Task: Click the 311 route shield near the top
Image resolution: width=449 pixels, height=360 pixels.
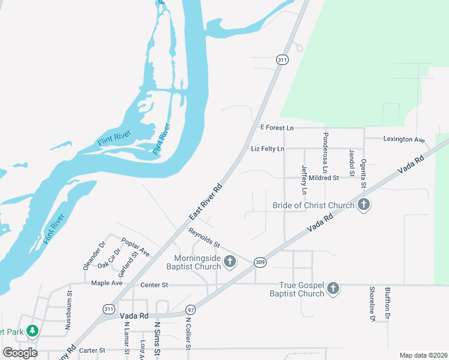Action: (282, 59)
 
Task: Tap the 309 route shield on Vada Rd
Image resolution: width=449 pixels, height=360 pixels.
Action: (260, 262)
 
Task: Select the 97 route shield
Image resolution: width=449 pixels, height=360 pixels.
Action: (190, 310)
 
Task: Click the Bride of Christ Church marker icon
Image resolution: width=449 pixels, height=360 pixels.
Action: (363, 205)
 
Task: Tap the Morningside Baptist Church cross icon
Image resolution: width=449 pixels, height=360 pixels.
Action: (230, 262)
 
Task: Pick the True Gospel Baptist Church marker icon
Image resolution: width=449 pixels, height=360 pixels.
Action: (333, 289)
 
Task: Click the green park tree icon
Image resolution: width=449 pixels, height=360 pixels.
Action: (32, 331)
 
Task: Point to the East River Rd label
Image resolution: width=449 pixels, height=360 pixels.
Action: (206, 202)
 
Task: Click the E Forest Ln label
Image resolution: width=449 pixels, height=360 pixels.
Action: (276, 128)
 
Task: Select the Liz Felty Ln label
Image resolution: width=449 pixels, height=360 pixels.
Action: (268, 148)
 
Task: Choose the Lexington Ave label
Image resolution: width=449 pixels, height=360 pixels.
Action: (404, 139)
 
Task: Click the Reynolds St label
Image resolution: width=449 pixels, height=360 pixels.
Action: (205, 238)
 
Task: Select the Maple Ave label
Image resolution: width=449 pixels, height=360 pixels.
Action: (106, 283)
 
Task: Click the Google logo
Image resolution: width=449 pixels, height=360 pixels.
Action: (20, 352)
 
